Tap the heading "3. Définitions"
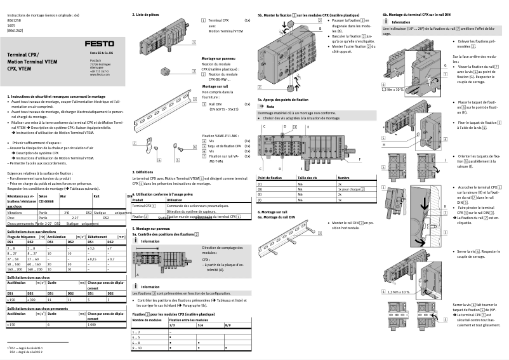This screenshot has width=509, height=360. coord(143,171)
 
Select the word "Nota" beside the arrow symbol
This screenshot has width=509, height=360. coord(270,107)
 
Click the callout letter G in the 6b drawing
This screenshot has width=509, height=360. coord(446,65)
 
